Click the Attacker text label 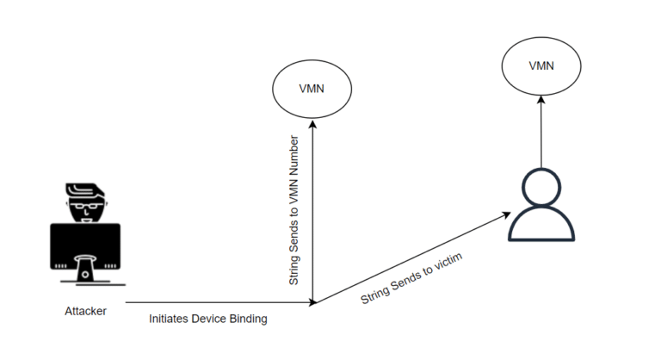(x=85, y=311)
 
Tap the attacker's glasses (x=85, y=207)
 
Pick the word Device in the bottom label (x=209, y=319)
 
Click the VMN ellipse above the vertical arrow (x=312, y=89)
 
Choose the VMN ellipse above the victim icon (x=541, y=65)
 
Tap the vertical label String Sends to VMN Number (x=294, y=210)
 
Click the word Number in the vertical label (x=294, y=156)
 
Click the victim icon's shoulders (x=541, y=226)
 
